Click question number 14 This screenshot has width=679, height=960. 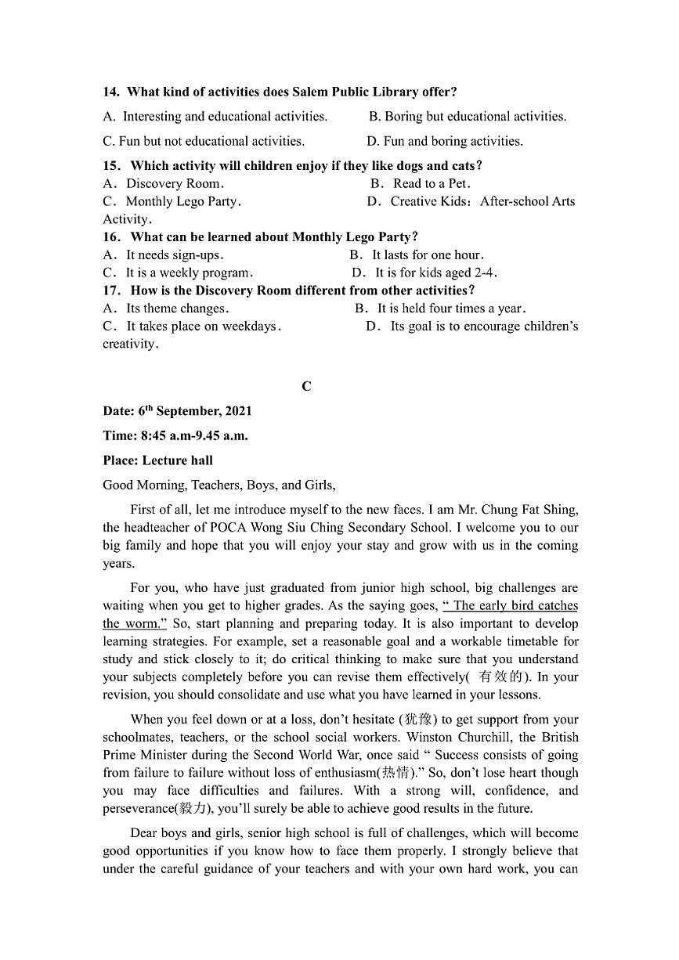pyautogui.click(x=111, y=92)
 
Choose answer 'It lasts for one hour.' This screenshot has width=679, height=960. pyautogui.click(x=428, y=254)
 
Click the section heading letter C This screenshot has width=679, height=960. pyautogui.click(x=306, y=386)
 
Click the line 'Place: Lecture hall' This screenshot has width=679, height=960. pyautogui.click(x=157, y=460)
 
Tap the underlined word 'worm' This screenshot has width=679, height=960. pyautogui.click(x=143, y=623)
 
